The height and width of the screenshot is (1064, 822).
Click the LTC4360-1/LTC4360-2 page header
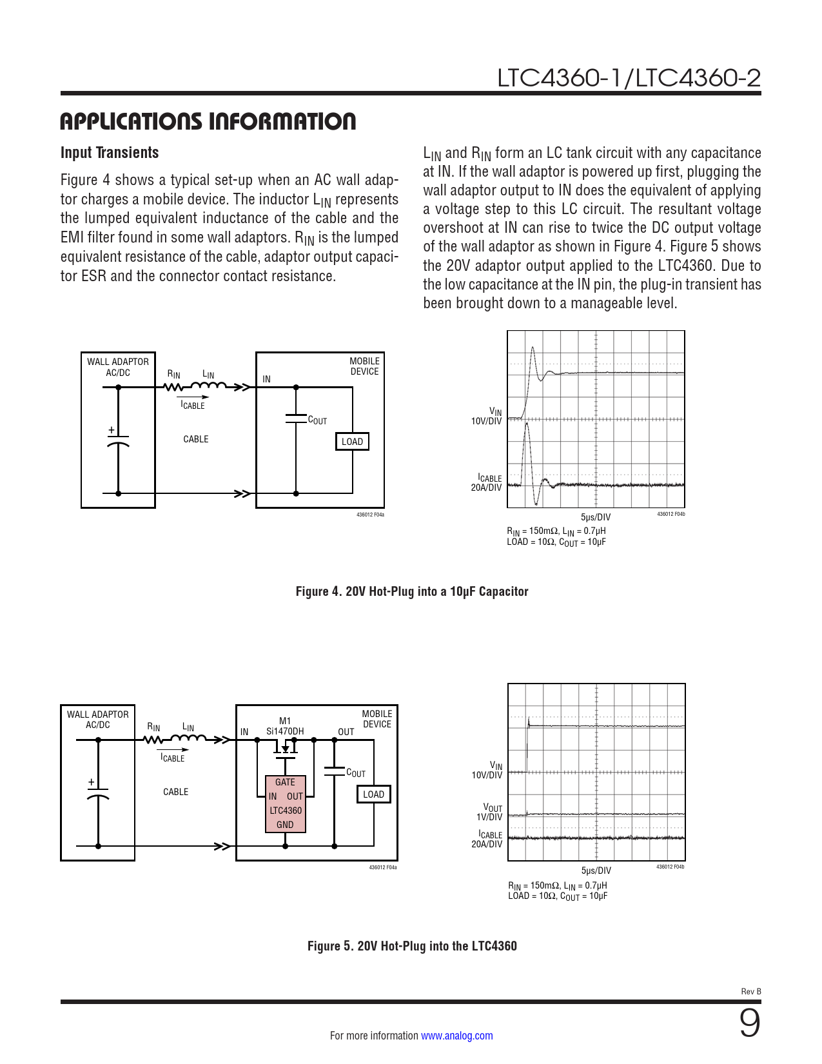tap(629, 78)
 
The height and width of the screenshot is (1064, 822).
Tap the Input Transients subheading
tap(110, 153)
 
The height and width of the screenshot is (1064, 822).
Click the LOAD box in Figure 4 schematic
tap(352, 442)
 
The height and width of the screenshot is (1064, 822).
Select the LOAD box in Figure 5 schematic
tap(373, 794)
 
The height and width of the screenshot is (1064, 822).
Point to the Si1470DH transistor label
tap(285, 731)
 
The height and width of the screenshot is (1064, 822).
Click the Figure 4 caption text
tap(411, 591)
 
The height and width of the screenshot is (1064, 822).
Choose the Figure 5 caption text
tap(411, 946)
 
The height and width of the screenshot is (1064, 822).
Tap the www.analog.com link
tap(456, 1036)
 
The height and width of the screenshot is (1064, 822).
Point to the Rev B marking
tap(751, 992)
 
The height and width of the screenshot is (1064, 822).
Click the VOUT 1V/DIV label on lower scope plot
tap(490, 813)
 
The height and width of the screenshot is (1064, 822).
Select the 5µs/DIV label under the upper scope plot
tap(595, 517)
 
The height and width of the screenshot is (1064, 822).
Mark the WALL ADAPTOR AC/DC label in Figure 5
tap(98, 720)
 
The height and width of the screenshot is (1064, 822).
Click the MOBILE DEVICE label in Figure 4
tap(364, 366)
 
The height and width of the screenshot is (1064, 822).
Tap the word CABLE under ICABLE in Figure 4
tap(196, 439)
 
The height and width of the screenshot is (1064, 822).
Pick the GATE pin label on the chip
tap(285, 782)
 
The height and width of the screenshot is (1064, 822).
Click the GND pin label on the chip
tap(285, 825)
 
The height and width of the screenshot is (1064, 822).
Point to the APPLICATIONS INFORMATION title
tap(208, 122)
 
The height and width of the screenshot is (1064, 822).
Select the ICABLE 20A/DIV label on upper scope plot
tap(487, 483)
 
